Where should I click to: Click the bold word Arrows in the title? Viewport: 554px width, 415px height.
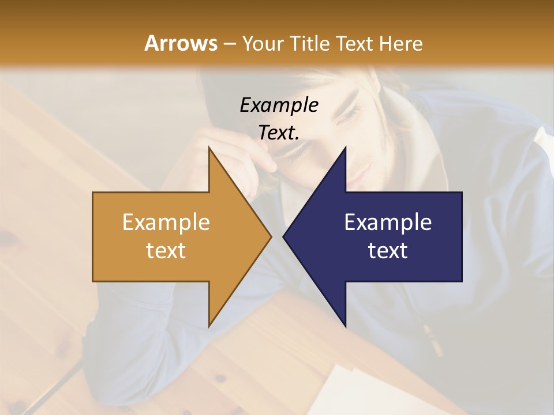pyautogui.click(x=181, y=43)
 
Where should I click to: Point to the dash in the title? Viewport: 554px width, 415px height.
pyautogui.click(x=229, y=44)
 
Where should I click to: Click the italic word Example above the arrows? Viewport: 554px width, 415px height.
pyautogui.click(x=279, y=105)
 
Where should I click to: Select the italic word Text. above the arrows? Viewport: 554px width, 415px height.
pyautogui.click(x=279, y=133)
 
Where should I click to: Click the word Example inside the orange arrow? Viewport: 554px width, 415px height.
pyautogui.click(x=166, y=222)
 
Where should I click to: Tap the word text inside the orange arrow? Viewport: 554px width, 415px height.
pyautogui.click(x=166, y=251)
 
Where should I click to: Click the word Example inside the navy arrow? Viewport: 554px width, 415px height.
pyautogui.click(x=388, y=222)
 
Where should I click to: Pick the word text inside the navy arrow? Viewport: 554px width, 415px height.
pyautogui.click(x=388, y=251)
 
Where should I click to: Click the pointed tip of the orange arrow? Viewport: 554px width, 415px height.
pyautogui.click(x=271, y=236)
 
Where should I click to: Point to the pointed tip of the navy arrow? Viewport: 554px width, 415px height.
pyautogui.click(x=283, y=236)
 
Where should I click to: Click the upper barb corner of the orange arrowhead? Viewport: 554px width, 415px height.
pyautogui.click(x=209, y=148)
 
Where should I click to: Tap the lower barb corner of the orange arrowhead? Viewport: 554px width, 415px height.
pyautogui.click(x=209, y=326)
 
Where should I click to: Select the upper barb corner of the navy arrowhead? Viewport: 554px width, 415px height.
pyautogui.click(x=345, y=148)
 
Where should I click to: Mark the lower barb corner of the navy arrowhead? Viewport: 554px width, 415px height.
pyautogui.click(x=345, y=326)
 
